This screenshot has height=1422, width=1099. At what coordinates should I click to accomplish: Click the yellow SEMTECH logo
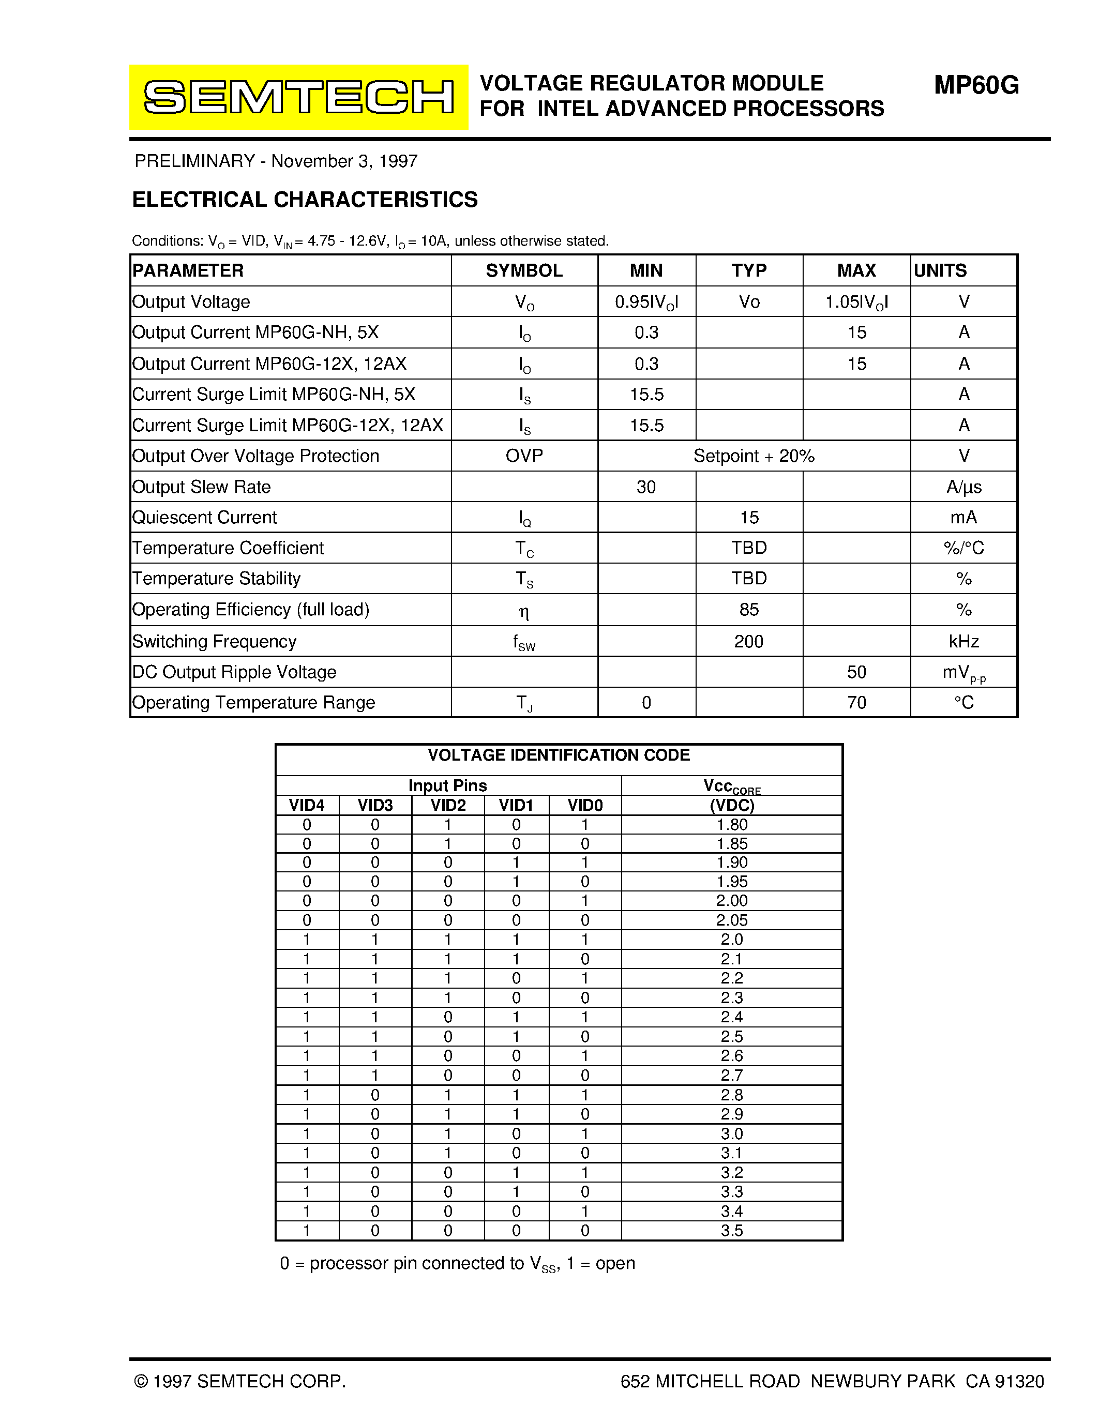298,97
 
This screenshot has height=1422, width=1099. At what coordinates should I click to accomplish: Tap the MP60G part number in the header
976,85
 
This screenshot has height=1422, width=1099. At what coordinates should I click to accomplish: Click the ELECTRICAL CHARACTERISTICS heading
305,199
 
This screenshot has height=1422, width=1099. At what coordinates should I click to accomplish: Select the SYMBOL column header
524,270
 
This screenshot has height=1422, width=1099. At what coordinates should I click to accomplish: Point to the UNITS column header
940,270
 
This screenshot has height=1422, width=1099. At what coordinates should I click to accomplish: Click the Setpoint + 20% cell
754,456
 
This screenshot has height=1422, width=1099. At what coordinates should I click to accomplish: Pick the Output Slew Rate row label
201,487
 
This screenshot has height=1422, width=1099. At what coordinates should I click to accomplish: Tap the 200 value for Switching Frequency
749,641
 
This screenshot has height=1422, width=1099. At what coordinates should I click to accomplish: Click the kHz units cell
963,641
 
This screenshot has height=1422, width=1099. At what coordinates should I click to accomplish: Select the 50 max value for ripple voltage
856,672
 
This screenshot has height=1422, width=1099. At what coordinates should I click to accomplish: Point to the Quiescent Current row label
204,518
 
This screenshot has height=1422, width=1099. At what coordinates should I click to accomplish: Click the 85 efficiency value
749,610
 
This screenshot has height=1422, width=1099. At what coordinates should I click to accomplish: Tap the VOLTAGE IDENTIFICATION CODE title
559,755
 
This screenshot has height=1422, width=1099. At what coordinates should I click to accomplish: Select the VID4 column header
307,806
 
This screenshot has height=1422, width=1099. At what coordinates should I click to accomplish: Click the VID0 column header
584,806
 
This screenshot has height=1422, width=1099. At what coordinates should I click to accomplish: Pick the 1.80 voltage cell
732,825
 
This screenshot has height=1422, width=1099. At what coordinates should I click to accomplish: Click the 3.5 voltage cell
732,1231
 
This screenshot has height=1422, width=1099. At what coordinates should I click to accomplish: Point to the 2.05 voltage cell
732,920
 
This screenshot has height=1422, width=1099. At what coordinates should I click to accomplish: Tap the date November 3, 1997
344,161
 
